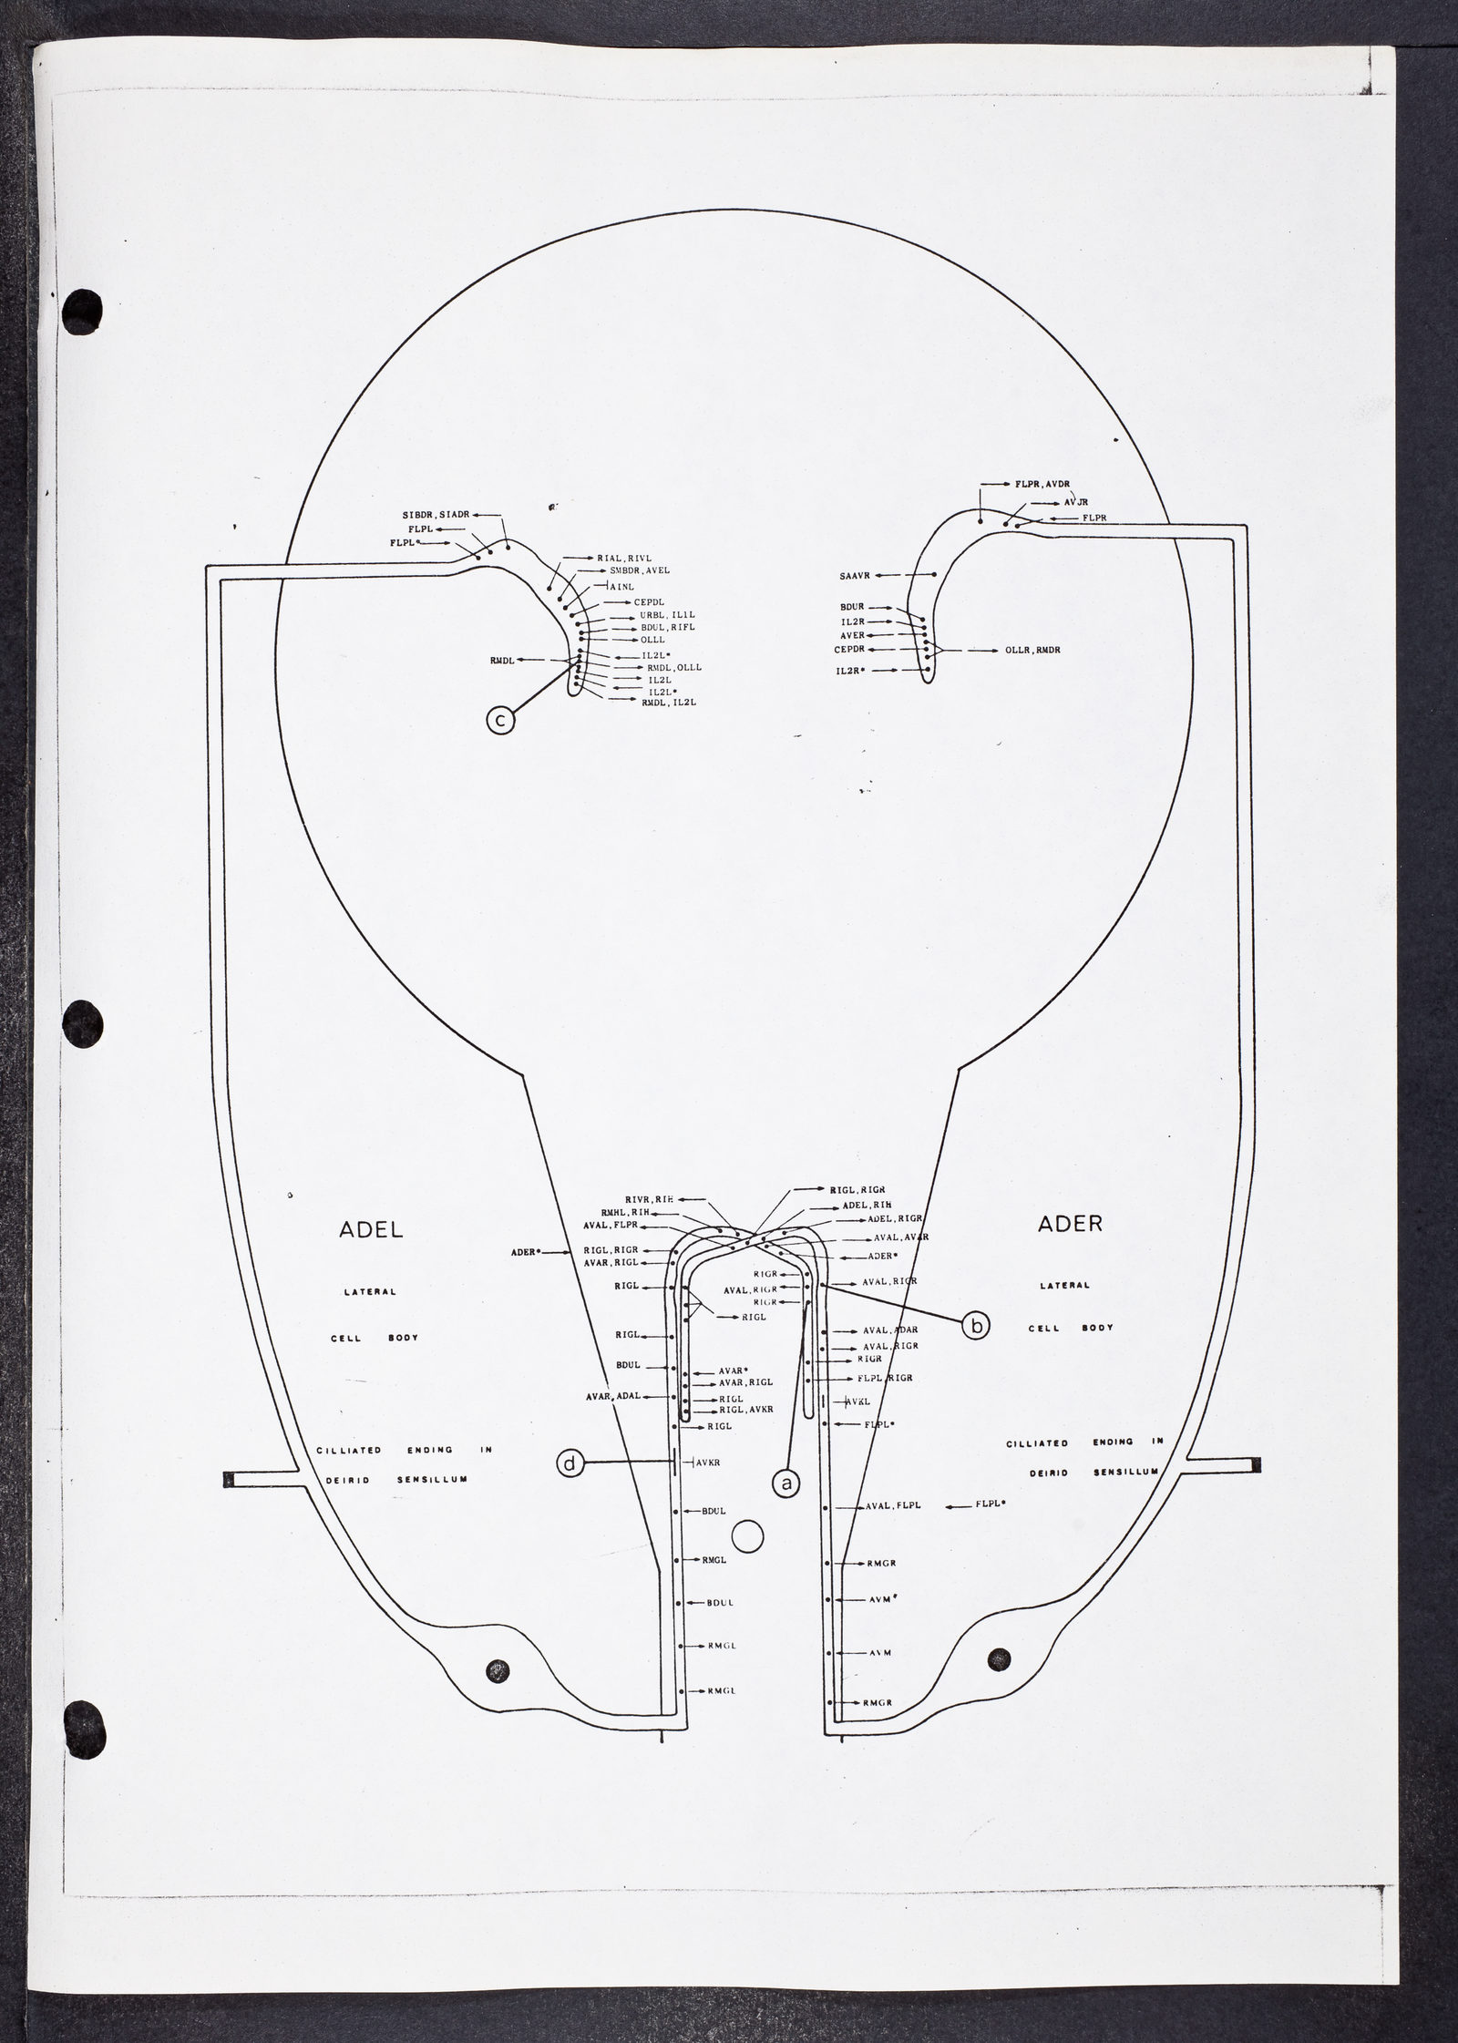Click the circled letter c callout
click(x=499, y=721)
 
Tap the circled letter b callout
click(x=976, y=1326)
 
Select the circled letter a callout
click(x=785, y=1483)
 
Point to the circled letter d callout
click(x=570, y=1463)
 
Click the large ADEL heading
click(x=371, y=1230)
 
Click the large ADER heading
click(x=1070, y=1224)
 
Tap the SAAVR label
click(x=857, y=576)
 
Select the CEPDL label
click(x=649, y=602)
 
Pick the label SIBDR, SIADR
click(x=435, y=515)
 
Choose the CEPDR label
click(x=849, y=650)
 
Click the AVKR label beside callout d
click(x=708, y=1463)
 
